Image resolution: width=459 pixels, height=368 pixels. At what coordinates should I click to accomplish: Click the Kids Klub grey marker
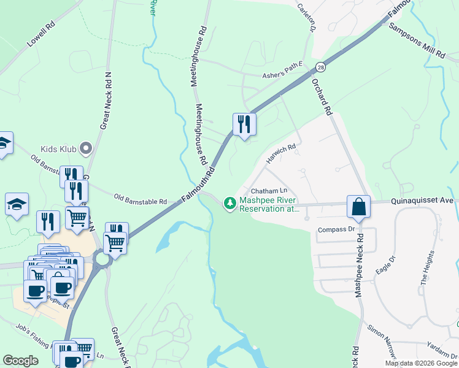[86, 148]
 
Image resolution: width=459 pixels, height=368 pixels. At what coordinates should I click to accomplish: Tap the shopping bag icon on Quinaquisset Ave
[359, 207]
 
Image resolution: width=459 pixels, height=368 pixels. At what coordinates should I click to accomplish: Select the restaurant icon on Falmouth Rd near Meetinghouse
[244, 125]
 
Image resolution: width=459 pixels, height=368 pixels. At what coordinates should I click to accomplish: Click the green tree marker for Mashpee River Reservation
[229, 203]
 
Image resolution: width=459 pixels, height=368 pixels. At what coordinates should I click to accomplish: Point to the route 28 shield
[320, 66]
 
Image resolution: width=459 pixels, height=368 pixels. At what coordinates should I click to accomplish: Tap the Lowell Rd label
[42, 37]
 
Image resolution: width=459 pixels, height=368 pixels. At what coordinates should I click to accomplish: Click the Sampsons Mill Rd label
[417, 42]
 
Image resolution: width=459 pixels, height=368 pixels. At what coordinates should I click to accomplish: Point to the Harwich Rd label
[281, 153]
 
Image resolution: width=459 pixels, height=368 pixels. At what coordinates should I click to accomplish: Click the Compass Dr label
[336, 229]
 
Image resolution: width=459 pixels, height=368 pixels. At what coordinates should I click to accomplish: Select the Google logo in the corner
[20, 361]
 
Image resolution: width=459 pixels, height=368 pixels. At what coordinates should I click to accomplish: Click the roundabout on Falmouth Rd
[102, 260]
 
